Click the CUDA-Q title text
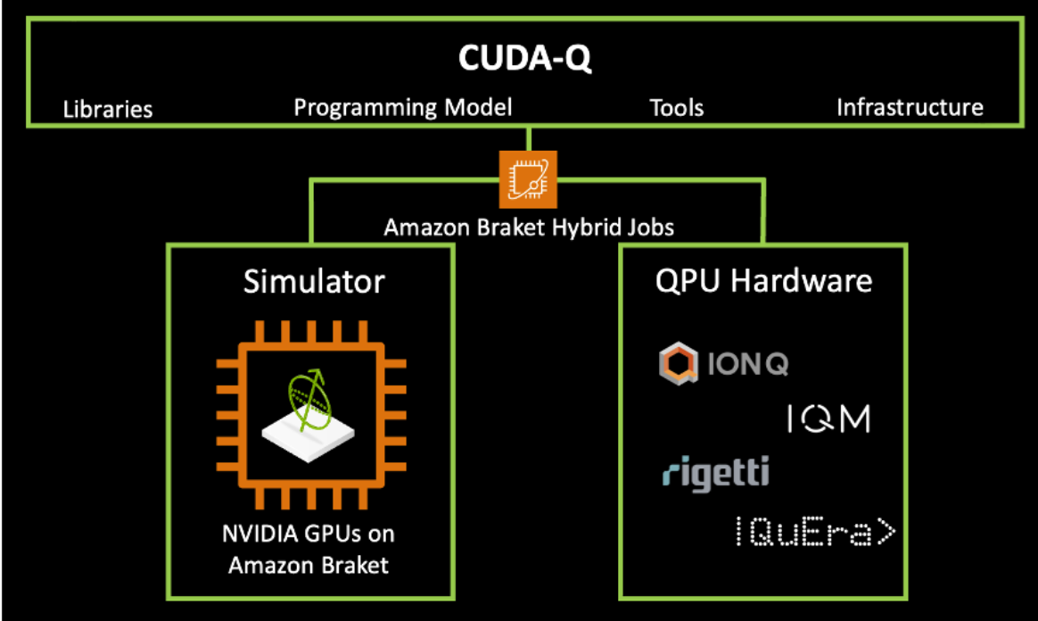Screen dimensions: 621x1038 (x=525, y=58)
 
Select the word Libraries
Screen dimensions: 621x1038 (x=108, y=110)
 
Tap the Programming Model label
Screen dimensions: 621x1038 (x=403, y=108)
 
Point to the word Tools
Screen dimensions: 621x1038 (x=676, y=109)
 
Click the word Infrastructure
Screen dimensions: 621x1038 (x=910, y=108)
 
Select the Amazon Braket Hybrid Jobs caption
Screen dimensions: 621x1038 (x=529, y=228)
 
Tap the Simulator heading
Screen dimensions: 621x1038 (x=314, y=282)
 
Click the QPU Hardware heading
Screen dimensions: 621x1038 (x=763, y=281)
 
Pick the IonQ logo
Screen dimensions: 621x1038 (x=723, y=364)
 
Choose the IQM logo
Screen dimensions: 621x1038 (x=828, y=418)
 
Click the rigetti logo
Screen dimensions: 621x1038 (x=715, y=472)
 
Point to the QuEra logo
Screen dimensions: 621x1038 (x=813, y=531)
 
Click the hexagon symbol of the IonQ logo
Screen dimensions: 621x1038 (x=677, y=365)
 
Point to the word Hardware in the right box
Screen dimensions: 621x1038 (x=811, y=281)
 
